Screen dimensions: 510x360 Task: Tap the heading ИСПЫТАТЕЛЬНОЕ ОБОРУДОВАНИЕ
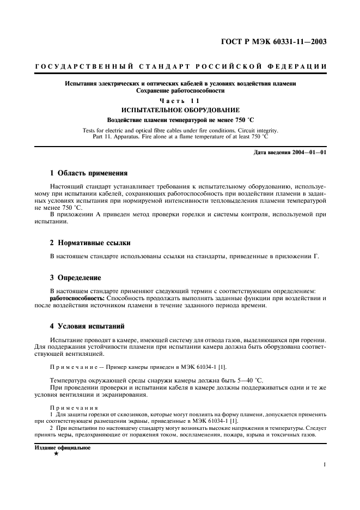click(x=180, y=110)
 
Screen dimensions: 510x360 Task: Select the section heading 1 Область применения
click(x=89, y=173)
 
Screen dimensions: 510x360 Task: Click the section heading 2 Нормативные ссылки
click(x=90, y=242)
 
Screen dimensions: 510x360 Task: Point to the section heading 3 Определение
click(x=76, y=277)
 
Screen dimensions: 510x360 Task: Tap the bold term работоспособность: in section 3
click(x=77, y=299)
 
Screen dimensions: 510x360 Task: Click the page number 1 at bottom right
click(x=324, y=465)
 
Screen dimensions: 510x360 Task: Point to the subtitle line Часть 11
click(x=180, y=101)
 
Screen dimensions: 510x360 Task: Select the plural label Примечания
click(x=74, y=408)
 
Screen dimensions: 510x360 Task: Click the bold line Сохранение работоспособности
click(x=180, y=90)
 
